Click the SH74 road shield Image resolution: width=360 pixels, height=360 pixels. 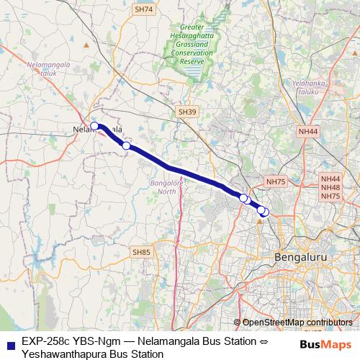(x=144, y=9)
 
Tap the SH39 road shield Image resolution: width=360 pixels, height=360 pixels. (x=186, y=112)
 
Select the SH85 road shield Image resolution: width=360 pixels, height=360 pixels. (x=142, y=252)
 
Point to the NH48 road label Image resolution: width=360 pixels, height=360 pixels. (x=330, y=187)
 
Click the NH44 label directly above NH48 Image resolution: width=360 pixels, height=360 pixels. (x=330, y=179)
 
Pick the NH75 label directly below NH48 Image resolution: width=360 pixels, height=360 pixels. (x=330, y=196)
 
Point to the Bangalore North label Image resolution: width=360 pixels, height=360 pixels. (x=166, y=187)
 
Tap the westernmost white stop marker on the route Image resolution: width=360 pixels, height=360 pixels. (x=94, y=126)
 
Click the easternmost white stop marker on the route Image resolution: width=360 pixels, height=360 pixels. (x=265, y=212)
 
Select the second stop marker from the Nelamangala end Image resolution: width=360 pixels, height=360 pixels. (x=126, y=146)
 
